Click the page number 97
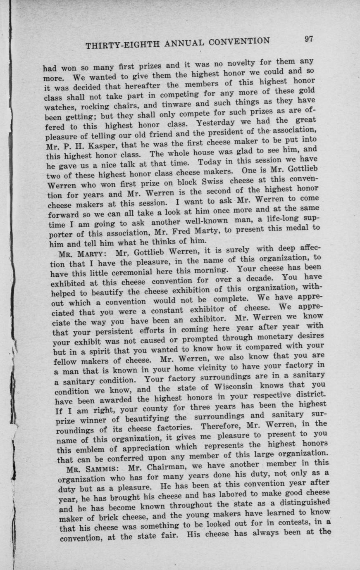pos(310,39)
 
